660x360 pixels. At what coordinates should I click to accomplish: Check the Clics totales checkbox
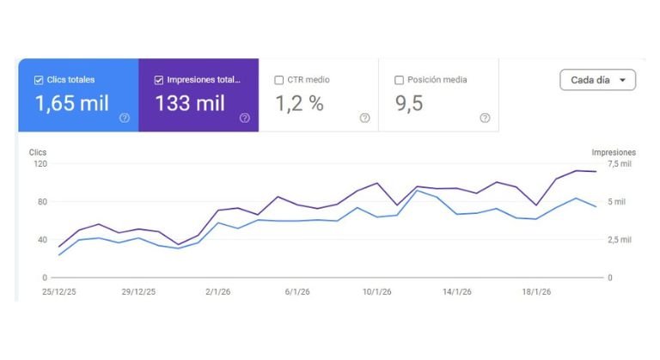point(39,80)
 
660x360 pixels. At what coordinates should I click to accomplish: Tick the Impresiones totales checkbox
point(159,80)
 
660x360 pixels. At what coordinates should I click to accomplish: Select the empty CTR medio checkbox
point(278,80)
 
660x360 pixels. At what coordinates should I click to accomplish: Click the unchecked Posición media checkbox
point(399,80)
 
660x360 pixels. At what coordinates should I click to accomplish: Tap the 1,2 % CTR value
point(299,104)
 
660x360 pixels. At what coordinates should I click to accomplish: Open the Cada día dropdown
point(597,80)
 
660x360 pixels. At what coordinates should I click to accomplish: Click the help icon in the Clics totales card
point(125,118)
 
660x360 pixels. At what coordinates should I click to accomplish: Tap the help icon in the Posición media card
point(485,118)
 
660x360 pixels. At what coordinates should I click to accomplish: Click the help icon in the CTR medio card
point(364,118)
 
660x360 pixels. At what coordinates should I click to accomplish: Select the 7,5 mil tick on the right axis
point(620,163)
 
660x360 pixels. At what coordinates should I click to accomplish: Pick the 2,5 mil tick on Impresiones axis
point(620,240)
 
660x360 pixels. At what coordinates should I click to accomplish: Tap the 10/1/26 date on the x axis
point(379,292)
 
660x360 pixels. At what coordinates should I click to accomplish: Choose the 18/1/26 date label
point(537,292)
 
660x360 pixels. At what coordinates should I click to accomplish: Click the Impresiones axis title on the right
point(613,151)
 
